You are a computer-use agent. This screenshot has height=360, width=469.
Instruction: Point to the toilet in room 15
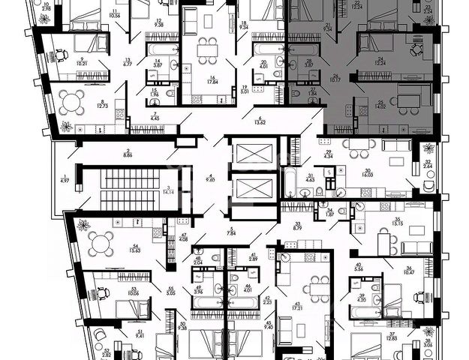[x=172, y=94]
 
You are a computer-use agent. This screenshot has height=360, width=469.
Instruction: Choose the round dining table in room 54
[x=100, y=241]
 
